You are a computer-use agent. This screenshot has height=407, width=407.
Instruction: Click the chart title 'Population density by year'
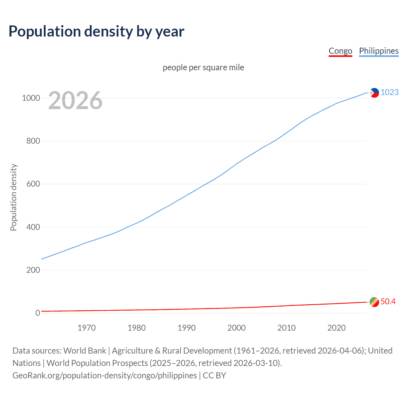point(96,31)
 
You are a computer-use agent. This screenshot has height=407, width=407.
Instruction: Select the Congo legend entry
point(340,51)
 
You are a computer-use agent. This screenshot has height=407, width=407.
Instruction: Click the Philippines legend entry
point(379,51)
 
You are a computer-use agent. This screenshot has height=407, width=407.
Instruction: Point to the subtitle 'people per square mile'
point(203,67)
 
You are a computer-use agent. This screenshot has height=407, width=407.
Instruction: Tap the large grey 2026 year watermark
point(75,100)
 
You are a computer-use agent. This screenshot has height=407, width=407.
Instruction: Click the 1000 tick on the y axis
point(31,98)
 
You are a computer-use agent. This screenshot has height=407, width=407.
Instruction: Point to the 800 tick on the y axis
point(33,141)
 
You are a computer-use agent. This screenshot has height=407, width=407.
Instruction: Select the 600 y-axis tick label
point(33,184)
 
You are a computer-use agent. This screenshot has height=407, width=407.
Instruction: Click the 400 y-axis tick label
point(33,227)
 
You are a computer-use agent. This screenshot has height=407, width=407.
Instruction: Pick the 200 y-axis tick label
point(33,270)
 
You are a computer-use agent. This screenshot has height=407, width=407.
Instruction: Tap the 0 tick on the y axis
point(38,313)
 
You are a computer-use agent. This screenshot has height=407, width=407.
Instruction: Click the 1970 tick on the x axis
point(86,328)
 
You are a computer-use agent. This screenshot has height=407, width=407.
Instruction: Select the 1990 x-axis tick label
point(187,328)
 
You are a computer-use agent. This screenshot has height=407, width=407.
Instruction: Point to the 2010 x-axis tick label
point(286,328)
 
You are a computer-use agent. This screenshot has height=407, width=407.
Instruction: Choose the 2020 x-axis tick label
point(336,328)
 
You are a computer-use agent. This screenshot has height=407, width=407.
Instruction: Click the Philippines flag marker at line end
point(374,93)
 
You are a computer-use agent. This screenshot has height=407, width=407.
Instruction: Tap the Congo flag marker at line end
point(374,302)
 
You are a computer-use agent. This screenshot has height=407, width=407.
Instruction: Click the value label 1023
point(390,92)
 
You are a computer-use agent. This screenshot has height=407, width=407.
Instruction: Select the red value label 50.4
point(388,301)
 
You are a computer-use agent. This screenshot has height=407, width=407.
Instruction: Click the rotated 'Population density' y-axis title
point(13,197)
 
